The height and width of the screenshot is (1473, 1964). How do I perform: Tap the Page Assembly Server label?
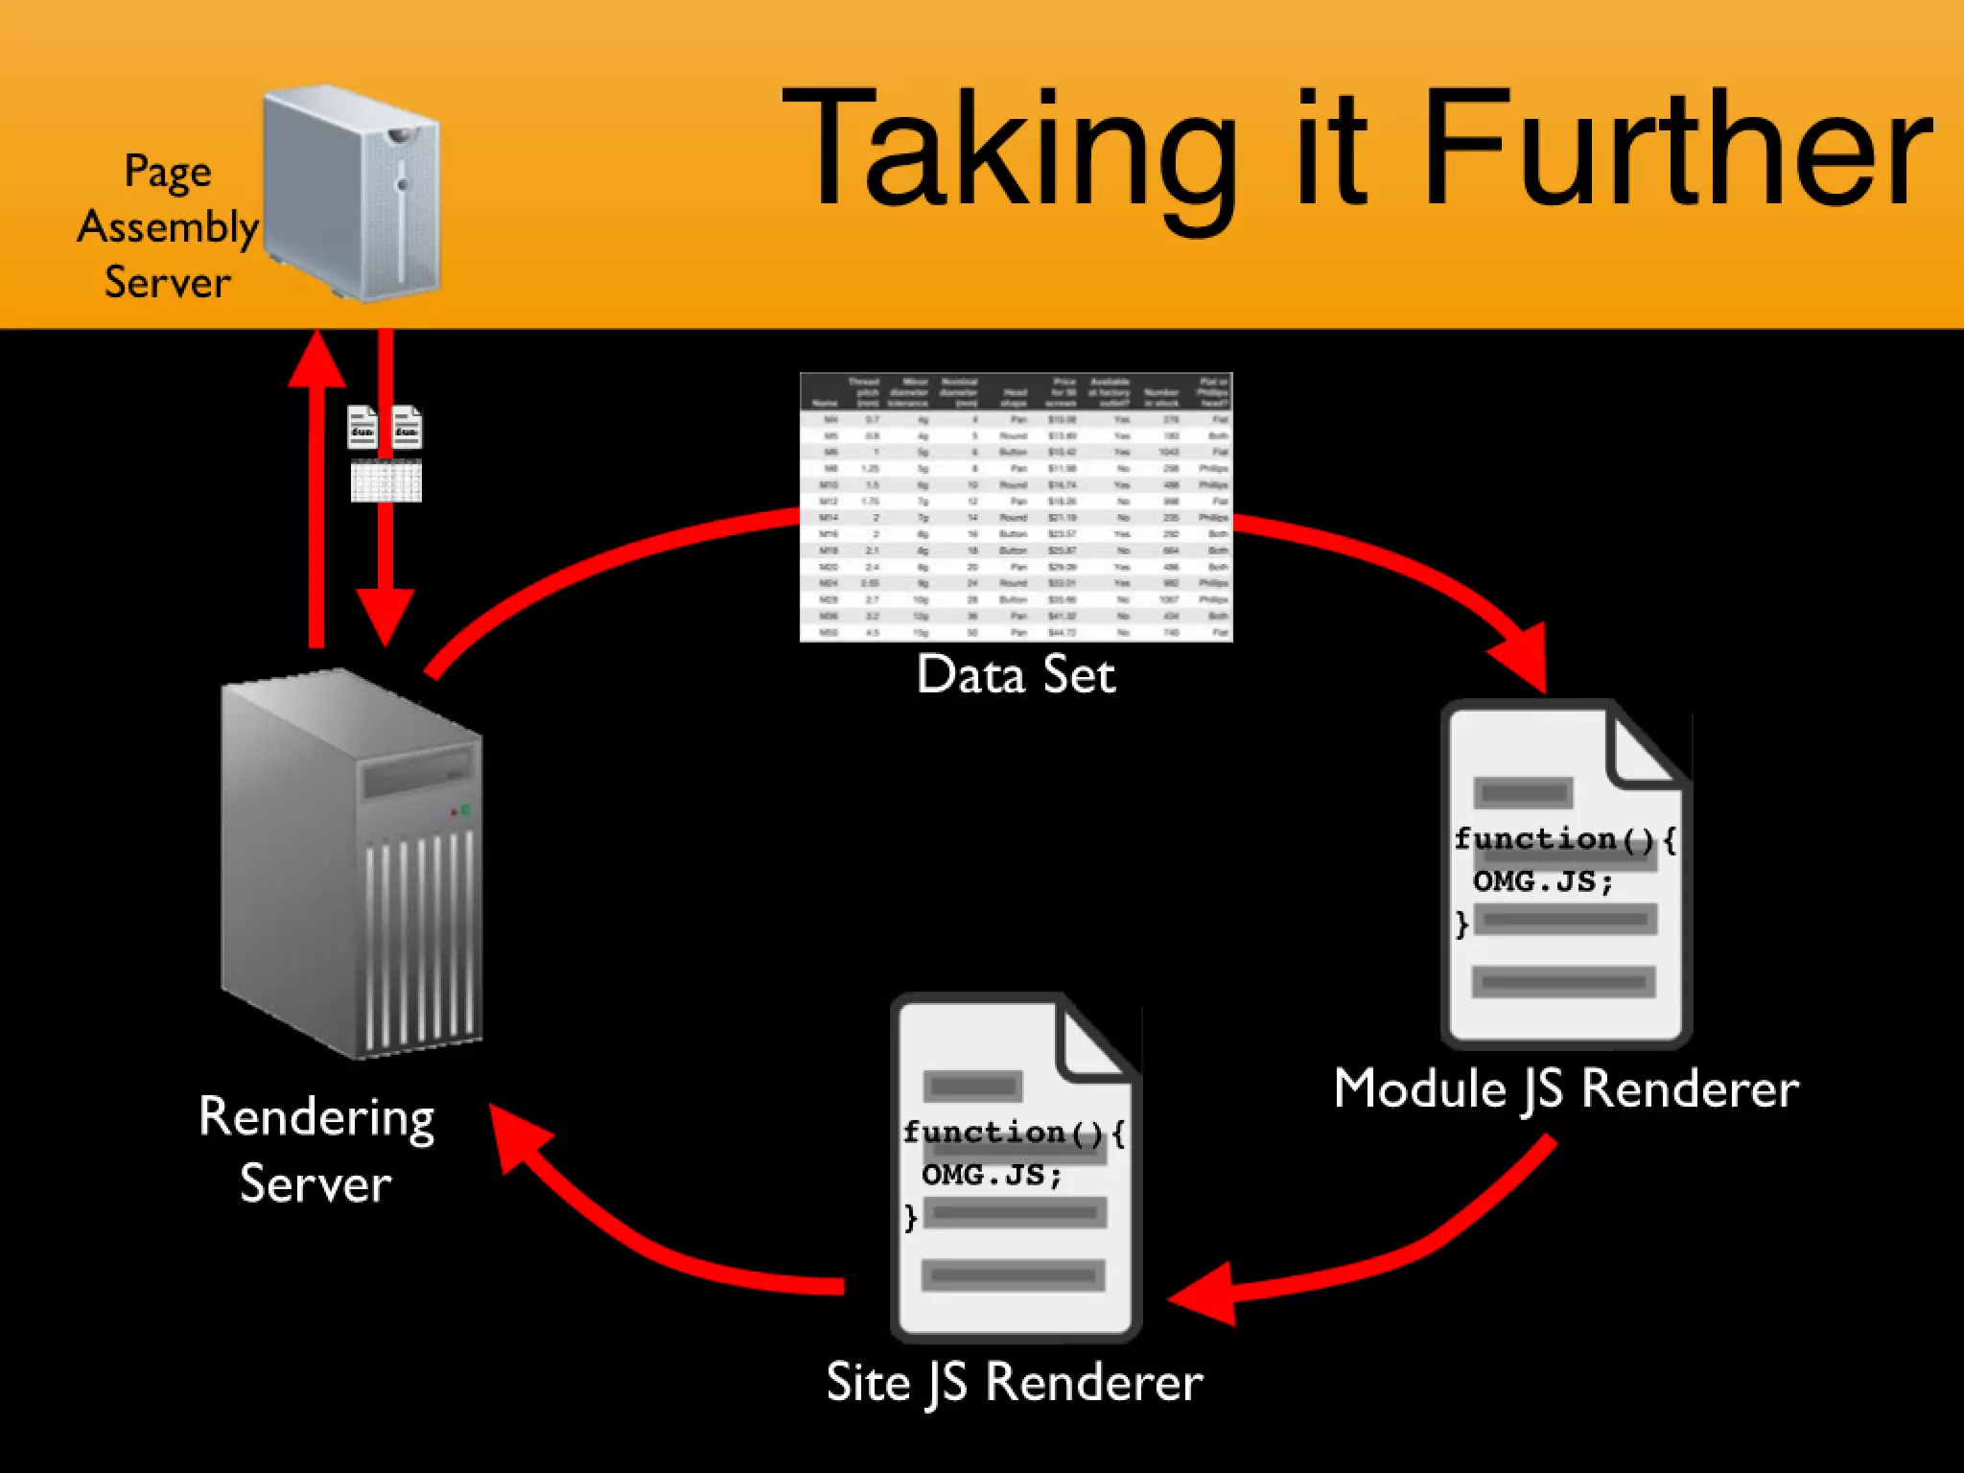[168, 226]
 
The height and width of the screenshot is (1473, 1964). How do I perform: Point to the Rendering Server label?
[316, 1149]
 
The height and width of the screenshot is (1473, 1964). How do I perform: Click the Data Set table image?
[1016, 506]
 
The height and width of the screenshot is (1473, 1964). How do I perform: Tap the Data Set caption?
[1016, 674]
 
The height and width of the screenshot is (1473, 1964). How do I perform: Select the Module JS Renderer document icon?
[1565, 873]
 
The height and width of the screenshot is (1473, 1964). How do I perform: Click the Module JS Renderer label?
[1565, 1089]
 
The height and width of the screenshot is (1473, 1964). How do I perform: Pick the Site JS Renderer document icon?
[1015, 1166]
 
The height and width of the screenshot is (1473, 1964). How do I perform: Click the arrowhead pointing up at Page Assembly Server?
[316, 360]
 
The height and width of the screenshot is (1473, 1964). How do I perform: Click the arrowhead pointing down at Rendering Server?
[386, 614]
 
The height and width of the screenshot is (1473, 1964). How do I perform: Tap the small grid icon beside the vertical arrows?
[386, 480]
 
